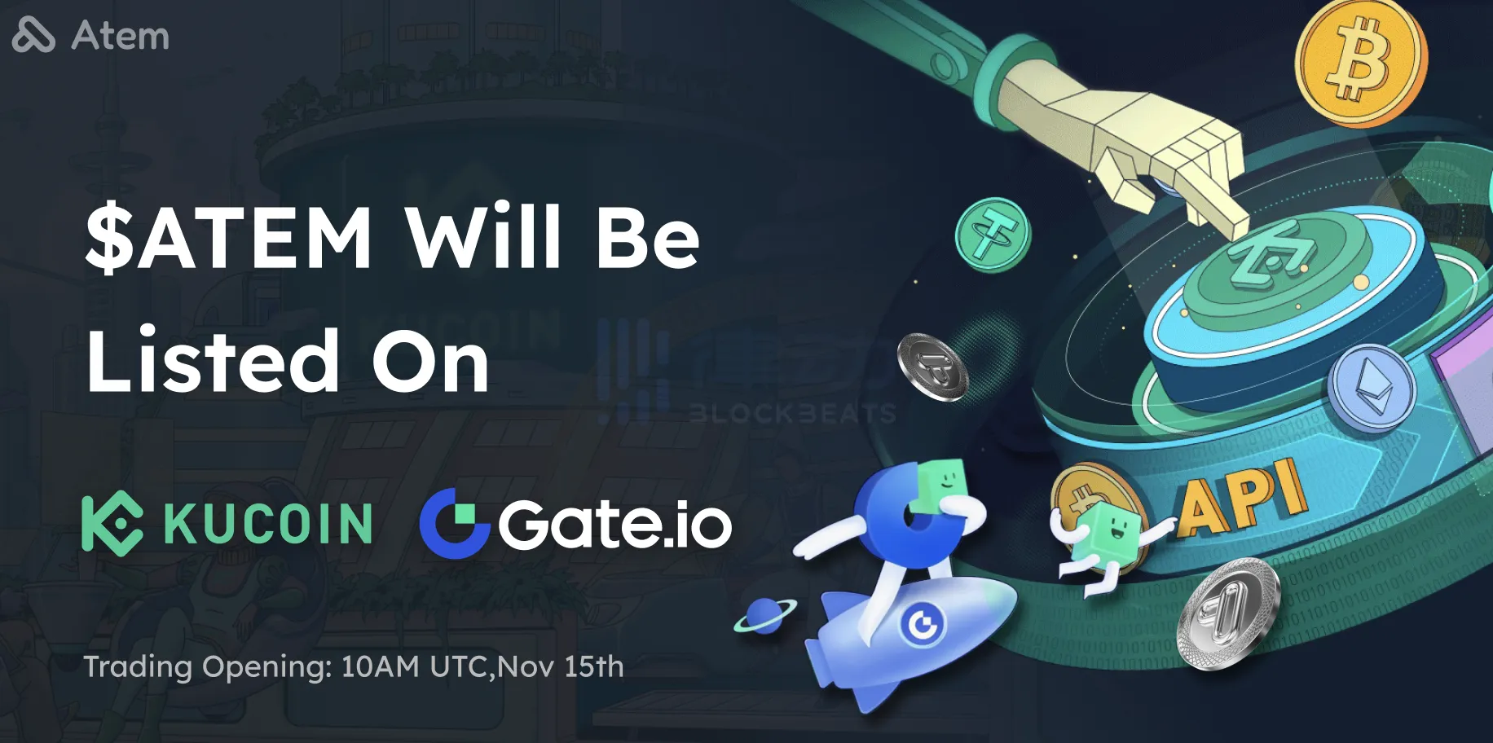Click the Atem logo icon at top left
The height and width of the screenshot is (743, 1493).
coord(33,35)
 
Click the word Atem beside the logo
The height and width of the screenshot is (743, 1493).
coord(121,37)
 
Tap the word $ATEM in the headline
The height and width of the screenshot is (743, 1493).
coord(229,237)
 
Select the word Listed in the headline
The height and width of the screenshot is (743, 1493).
coord(213,360)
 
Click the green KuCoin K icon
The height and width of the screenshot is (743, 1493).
coord(112,523)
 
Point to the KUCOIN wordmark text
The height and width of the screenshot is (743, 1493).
coord(269,524)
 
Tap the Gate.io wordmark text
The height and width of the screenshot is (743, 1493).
coord(615,525)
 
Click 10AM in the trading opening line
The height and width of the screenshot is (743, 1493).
coord(381,666)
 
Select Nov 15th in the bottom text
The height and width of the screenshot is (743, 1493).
coord(561,666)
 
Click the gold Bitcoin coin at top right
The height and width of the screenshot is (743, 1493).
coord(1361,63)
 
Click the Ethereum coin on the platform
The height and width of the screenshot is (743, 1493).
coord(1372,388)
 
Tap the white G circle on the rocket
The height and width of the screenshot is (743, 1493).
coord(923,625)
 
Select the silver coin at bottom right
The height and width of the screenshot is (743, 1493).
coord(1228,613)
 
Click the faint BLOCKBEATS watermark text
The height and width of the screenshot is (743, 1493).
coord(792,414)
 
